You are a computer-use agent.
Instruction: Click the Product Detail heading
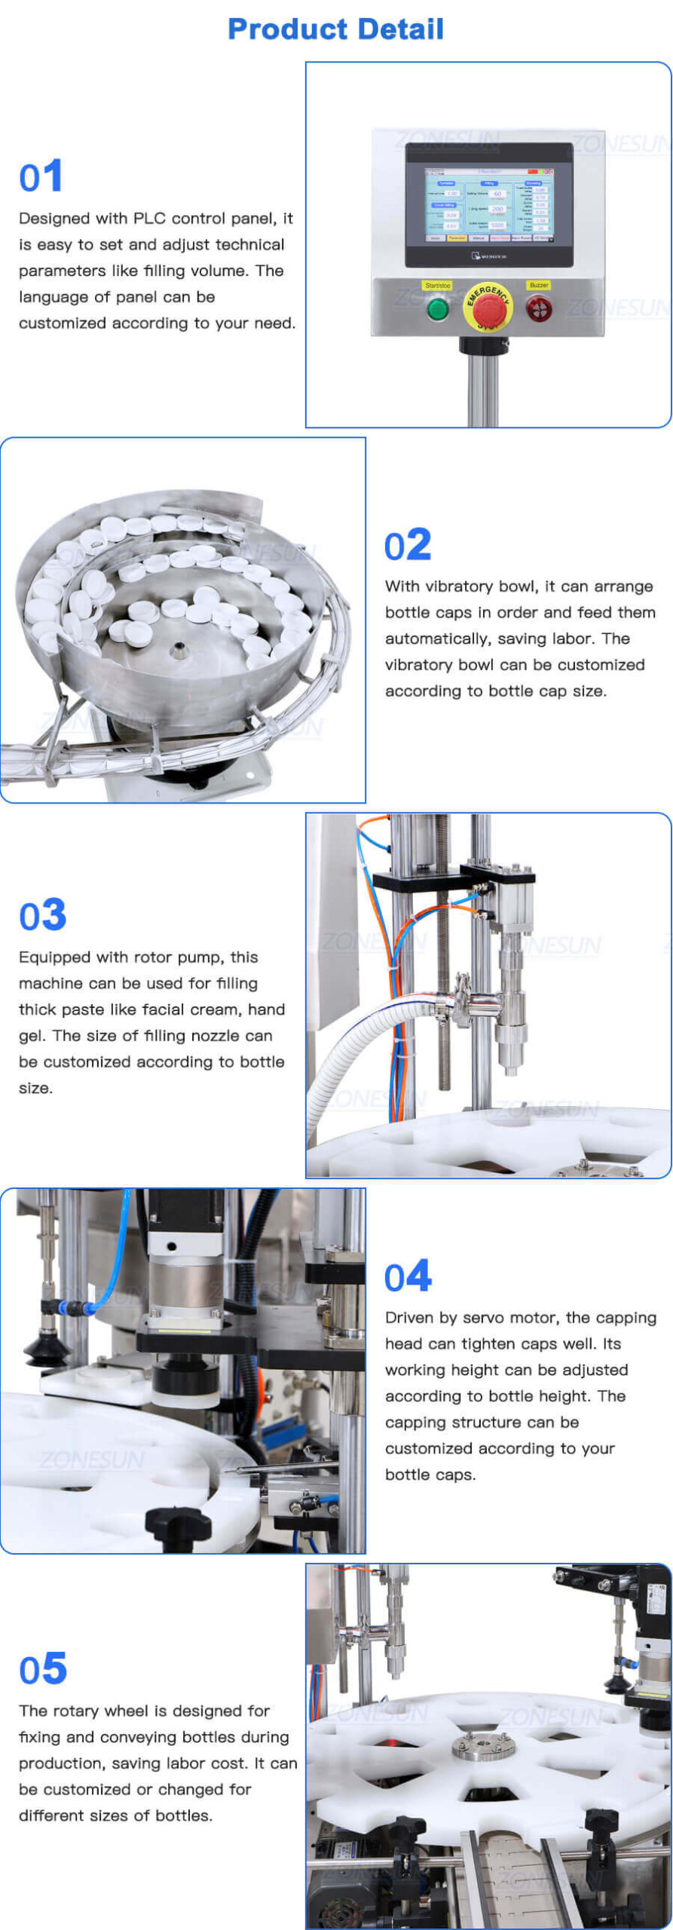pyautogui.click(x=335, y=29)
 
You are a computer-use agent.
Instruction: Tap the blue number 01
pyautogui.click(x=41, y=177)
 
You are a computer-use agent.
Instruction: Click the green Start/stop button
pyautogui.click(x=437, y=308)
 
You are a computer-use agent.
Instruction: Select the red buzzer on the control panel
pyautogui.click(x=538, y=308)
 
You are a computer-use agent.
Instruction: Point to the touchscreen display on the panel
pyautogui.click(x=488, y=205)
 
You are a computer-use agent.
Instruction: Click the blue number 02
pyautogui.click(x=408, y=545)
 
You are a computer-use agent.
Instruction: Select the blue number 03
pyautogui.click(x=43, y=915)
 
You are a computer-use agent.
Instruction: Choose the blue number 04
pyautogui.click(x=408, y=1276)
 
